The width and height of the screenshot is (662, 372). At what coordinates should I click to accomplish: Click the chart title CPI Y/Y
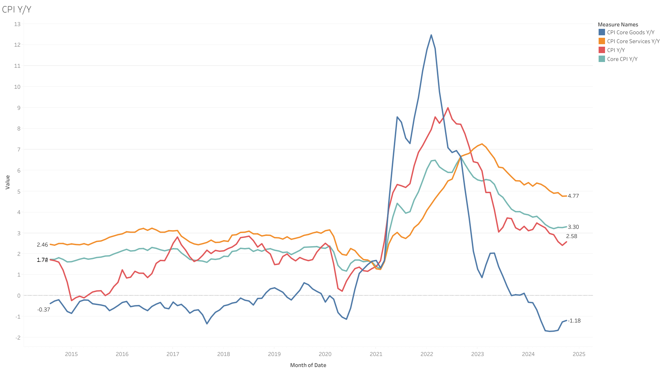coord(16,10)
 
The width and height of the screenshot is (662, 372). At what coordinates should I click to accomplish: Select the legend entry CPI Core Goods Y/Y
coord(630,32)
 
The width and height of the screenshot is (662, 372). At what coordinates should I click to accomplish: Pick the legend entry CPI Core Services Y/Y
coord(633,41)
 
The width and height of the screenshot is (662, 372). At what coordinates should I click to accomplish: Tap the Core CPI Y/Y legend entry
coord(622,59)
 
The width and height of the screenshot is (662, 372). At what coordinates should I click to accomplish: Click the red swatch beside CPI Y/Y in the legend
coord(602,50)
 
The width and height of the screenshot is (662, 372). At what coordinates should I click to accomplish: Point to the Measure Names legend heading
coord(618,25)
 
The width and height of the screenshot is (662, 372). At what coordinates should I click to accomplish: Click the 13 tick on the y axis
coord(17,24)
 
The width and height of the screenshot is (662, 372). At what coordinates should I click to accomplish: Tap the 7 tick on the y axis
coord(19,149)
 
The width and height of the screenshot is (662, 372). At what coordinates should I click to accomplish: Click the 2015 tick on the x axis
coord(71,354)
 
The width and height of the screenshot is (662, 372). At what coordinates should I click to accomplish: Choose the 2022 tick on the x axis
coord(427,354)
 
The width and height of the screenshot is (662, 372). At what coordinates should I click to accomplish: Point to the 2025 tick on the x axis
coord(579,354)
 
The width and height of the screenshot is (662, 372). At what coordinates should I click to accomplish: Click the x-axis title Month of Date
coord(308,365)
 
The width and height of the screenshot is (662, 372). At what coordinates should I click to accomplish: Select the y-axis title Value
coord(8,182)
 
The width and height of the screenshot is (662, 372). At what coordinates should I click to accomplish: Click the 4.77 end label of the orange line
coord(573,196)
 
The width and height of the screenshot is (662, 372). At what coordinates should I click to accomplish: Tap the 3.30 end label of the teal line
coord(573,227)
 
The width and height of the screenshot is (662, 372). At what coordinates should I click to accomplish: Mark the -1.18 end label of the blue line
coord(574,321)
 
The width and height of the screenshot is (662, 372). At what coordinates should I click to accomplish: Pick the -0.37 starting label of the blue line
coord(43,310)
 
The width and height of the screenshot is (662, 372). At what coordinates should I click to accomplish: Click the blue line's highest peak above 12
coord(431,35)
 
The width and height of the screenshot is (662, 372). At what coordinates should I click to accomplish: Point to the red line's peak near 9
coord(448,108)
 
